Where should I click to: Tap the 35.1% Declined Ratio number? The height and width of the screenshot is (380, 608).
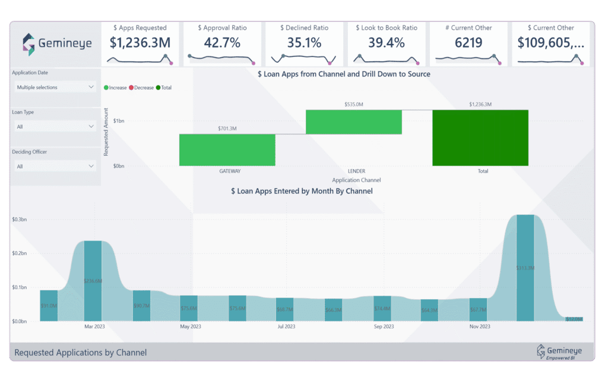[303, 43]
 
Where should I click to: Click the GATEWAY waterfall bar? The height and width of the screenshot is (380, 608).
[227, 150]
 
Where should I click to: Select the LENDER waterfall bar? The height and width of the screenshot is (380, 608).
[354, 122]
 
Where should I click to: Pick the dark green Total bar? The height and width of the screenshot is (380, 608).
[480, 137]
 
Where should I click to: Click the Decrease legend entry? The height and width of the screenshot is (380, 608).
[142, 87]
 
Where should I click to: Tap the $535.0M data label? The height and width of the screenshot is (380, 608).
[354, 104]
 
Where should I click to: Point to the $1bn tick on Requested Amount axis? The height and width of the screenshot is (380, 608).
[118, 121]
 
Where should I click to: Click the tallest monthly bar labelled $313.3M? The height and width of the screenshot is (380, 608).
[525, 267]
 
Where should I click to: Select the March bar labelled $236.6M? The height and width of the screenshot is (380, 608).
[93, 280]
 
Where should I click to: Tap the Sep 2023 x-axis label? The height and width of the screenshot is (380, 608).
[384, 327]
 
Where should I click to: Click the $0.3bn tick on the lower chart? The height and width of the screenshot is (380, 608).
[20, 220]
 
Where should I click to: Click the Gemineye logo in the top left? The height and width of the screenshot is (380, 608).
[56, 43]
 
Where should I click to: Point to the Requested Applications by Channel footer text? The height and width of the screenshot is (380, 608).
[80, 353]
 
